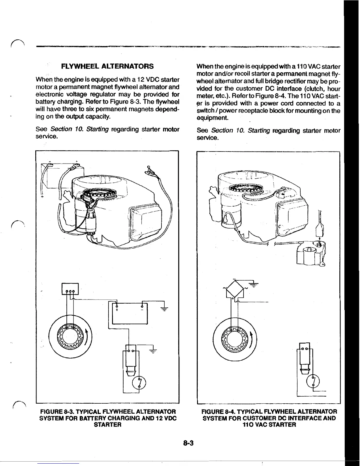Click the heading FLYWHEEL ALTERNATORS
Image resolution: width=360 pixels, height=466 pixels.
tap(107, 66)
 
